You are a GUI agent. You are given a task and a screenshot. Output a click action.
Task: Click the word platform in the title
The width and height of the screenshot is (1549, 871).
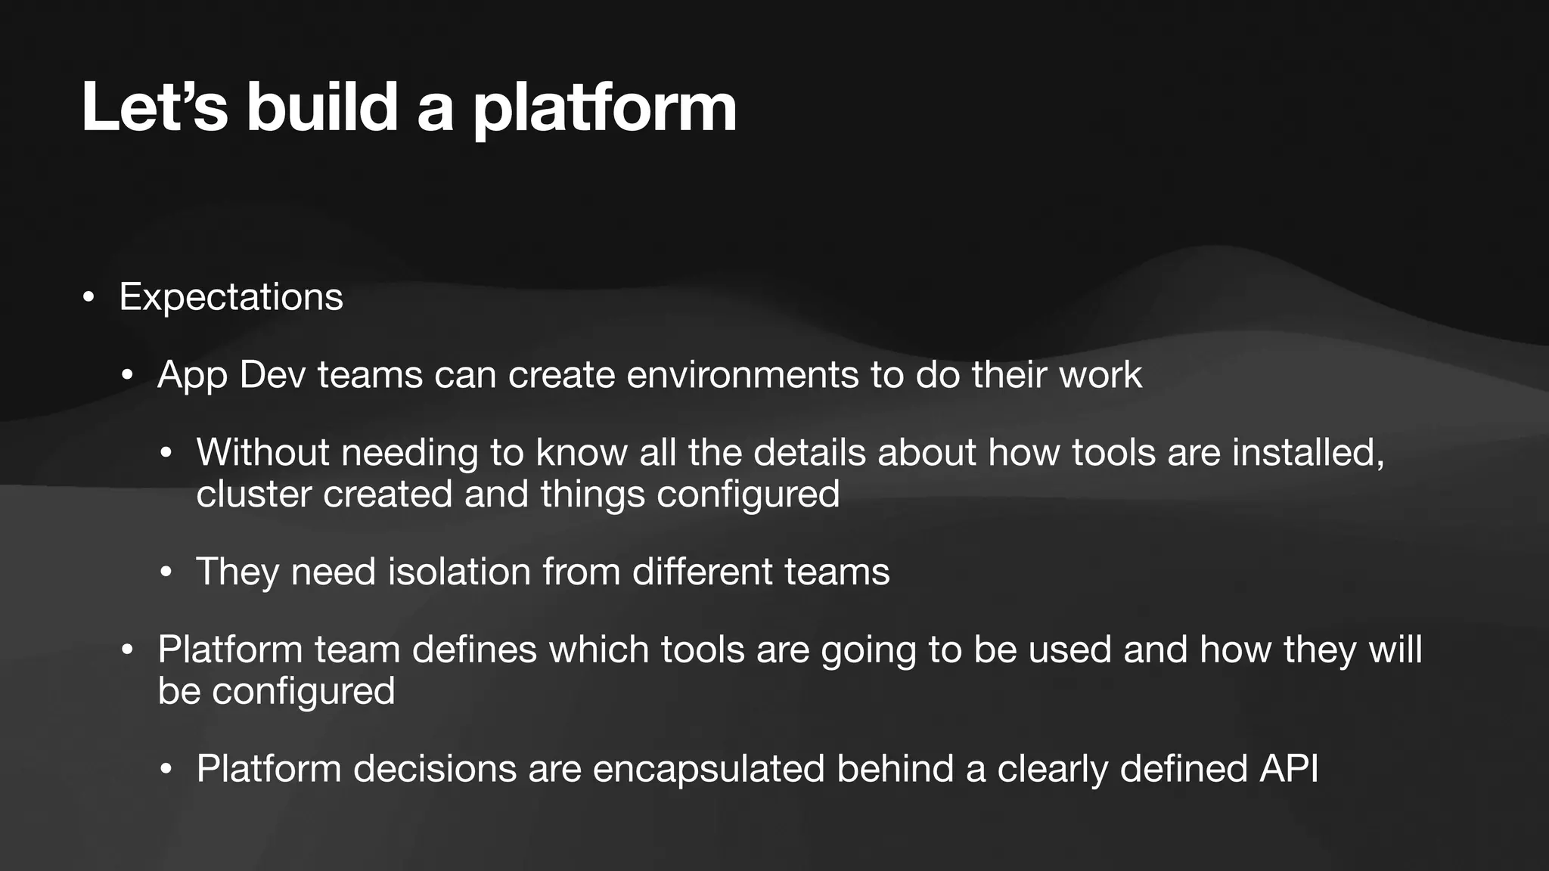tap(604, 110)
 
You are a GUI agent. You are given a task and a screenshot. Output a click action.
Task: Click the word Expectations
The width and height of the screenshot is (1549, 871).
tap(231, 296)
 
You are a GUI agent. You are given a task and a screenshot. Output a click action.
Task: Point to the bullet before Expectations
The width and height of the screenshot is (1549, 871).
tap(88, 298)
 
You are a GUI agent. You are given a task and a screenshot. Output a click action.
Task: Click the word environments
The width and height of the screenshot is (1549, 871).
tap(742, 375)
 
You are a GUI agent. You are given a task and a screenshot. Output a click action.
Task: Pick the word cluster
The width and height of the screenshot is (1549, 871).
tap(253, 494)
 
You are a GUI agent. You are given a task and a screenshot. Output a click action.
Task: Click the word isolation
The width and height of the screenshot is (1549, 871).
tap(459, 572)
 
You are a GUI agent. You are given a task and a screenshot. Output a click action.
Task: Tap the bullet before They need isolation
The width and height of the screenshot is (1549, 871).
tap(166, 573)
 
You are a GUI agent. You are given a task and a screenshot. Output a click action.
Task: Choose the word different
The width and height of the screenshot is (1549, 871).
tap(702, 572)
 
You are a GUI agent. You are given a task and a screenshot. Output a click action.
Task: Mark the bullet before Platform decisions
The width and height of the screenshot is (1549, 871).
tap(166, 770)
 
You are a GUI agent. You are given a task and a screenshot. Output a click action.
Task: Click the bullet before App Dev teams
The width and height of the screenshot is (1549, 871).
tap(127, 377)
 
